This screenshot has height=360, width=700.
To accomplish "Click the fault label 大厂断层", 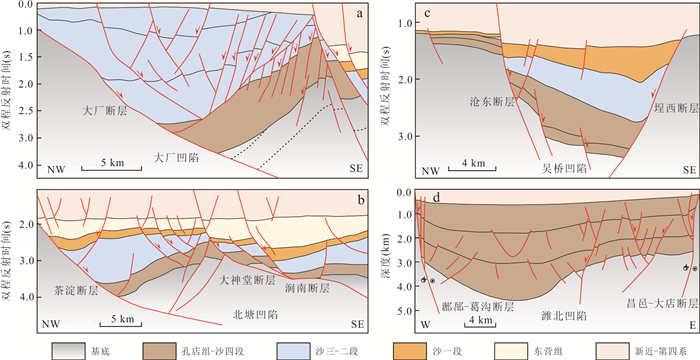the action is pyautogui.click(x=105, y=111).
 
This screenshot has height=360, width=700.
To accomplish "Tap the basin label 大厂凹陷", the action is pyautogui.click(x=176, y=158).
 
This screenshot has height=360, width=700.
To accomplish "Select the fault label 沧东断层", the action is pyautogui.click(x=493, y=102).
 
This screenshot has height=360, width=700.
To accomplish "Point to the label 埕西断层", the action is pyautogui.click(x=676, y=108).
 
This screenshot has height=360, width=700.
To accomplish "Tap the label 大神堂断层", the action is pyautogui.click(x=246, y=280).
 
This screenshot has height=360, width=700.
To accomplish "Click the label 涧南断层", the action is pyautogui.click(x=308, y=289).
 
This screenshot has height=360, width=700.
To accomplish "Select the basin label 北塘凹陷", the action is pyautogui.click(x=255, y=314).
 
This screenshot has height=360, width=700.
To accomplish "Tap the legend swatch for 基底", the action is pyautogui.click(x=68, y=350).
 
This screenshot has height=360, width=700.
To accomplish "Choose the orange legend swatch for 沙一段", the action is pyautogui.click(x=411, y=350).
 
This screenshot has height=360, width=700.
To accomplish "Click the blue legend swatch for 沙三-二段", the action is pyautogui.click(x=293, y=350).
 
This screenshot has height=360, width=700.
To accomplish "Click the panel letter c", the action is pyautogui.click(x=427, y=13).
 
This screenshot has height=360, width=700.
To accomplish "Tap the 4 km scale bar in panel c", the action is pyautogui.click(x=472, y=169).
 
